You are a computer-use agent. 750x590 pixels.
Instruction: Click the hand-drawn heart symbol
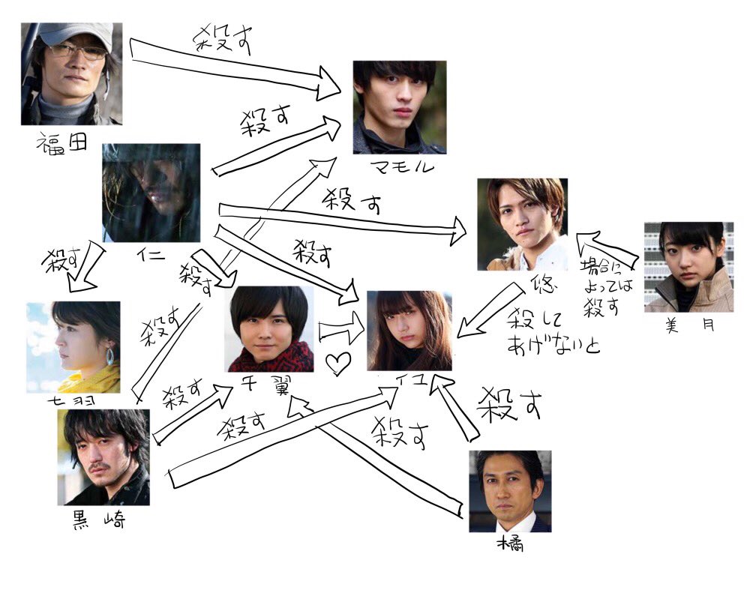point(338,364)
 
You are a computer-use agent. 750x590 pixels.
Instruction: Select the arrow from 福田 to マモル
point(232,64)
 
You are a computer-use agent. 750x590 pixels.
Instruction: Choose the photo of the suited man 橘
point(510,490)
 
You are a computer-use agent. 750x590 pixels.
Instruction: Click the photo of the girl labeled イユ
point(409,331)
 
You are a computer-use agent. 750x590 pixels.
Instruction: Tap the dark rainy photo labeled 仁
point(151,192)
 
